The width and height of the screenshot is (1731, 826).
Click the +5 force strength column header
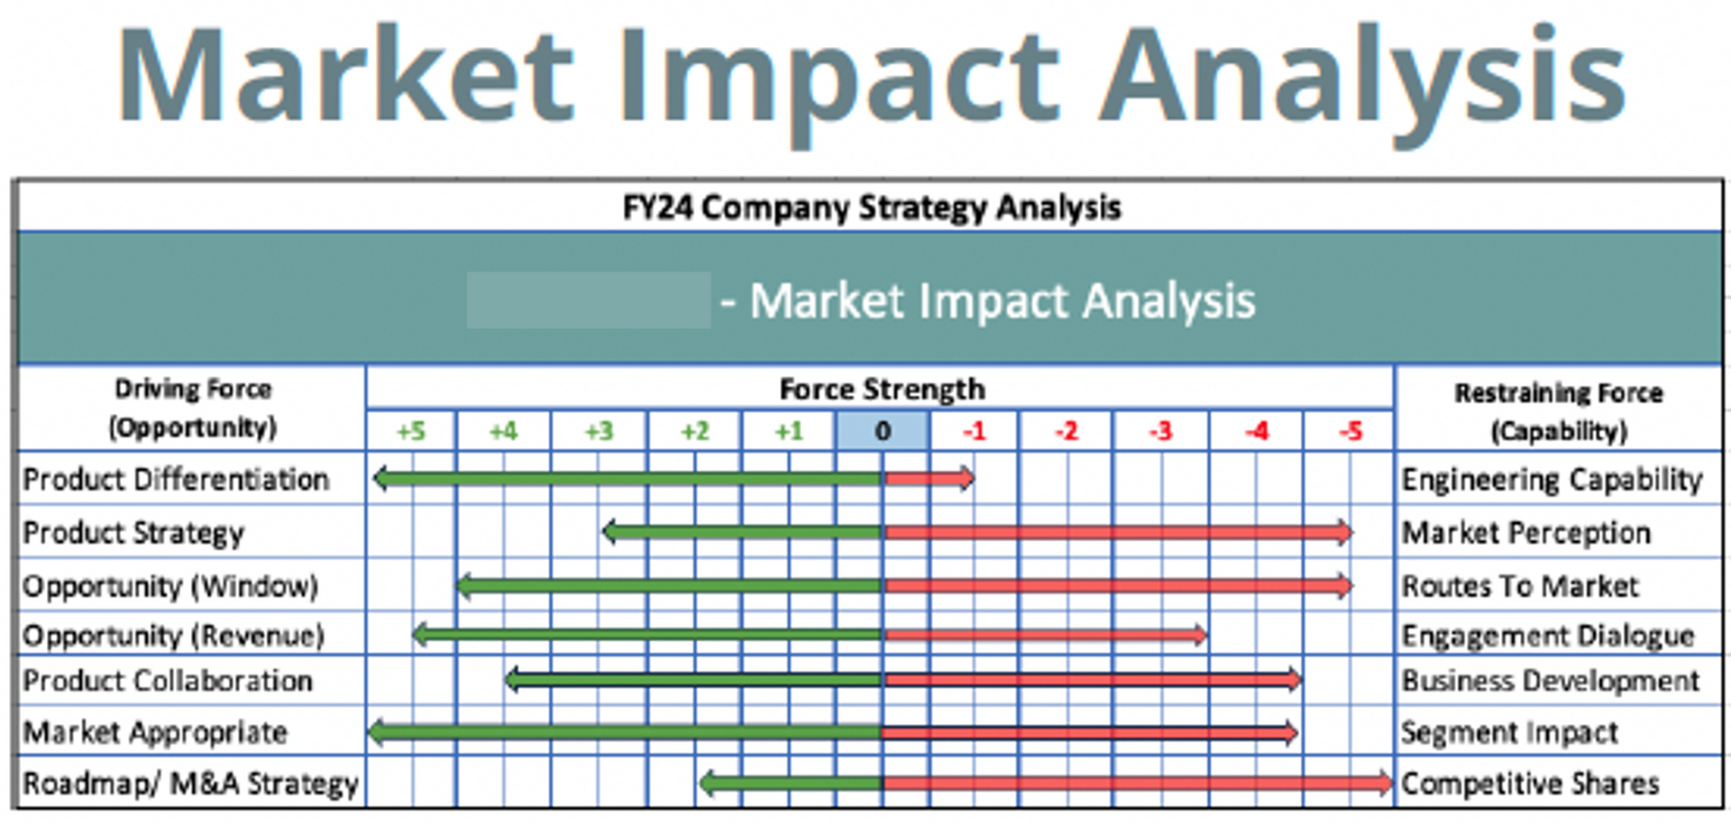tap(411, 431)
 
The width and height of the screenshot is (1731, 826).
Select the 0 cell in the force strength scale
tap(883, 431)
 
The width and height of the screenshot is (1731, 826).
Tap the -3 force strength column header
tap(1160, 431)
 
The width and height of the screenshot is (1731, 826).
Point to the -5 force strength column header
tap(1350, 431)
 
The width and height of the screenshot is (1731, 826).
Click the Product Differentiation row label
tap(176, 479)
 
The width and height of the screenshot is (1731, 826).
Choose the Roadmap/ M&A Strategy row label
tap(190, 783)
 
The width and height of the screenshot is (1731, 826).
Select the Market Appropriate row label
tap(155, 731)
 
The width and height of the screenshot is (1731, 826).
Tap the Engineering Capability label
tap(1551, 479)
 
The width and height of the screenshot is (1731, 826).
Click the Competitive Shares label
tap(1529, 783)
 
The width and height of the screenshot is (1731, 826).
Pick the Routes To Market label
tap(1519, 586)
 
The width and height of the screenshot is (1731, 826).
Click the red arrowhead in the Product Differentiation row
tap(967, 478)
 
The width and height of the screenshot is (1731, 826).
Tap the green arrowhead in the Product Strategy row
tap(610, 531)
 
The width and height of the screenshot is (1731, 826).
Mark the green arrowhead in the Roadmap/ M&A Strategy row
tap(708, 783)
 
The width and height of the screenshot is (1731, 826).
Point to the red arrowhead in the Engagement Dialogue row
tap(1200, 635)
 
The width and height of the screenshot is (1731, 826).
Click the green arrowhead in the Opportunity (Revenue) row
tap(420, 635)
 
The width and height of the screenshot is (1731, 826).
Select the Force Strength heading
tap(882, 389)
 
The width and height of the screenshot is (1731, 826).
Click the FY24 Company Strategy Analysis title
tap(871, 207)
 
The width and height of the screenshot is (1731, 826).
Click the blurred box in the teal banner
tap(588, 300)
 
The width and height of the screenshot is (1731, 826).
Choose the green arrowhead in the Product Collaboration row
tap(513, 679)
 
